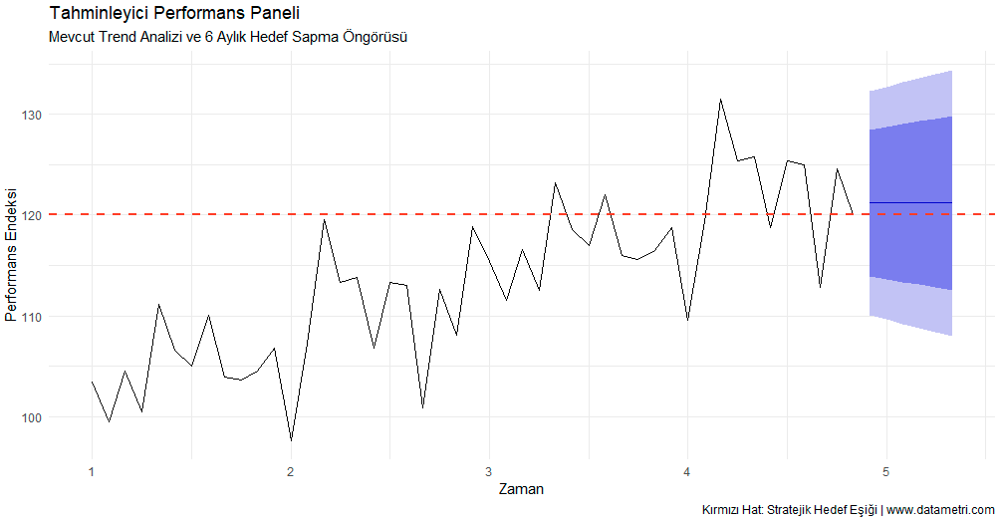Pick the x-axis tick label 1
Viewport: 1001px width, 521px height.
[92, 471]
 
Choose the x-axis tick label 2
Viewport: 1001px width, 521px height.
[290, 471]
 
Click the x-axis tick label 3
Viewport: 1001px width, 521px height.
[489, 471]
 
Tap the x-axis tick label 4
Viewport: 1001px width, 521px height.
[687, 471]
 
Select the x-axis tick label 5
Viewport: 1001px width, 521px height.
[885, 471]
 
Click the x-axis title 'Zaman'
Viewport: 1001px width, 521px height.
[520, 489]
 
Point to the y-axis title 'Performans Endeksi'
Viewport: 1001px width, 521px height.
[12, 254]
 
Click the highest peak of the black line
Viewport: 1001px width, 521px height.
[720, 99]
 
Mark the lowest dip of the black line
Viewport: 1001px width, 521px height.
[291, 439]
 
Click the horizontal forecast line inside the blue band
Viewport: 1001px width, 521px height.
[910, 202]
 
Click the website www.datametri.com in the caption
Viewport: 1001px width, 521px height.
[940, 510]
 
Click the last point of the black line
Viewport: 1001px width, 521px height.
[853, 212]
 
